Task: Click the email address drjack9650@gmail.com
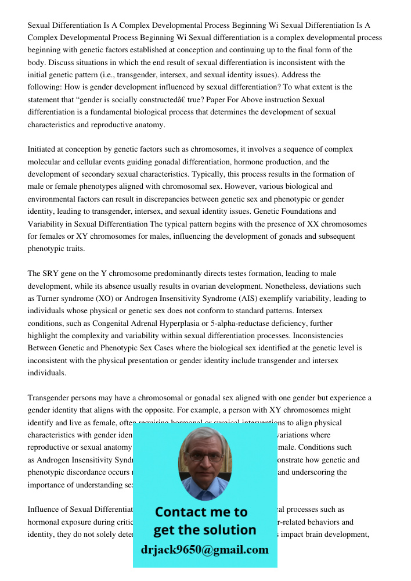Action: click(x=204, y=549)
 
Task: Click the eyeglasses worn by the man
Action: click(x=204, y=457)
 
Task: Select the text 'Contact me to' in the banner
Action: click(x=201, y=512)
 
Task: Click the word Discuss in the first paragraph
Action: click(x=62, y=62)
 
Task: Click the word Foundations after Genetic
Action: click(x=306, y=211)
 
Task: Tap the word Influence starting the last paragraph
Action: click(x=44, y=510)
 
